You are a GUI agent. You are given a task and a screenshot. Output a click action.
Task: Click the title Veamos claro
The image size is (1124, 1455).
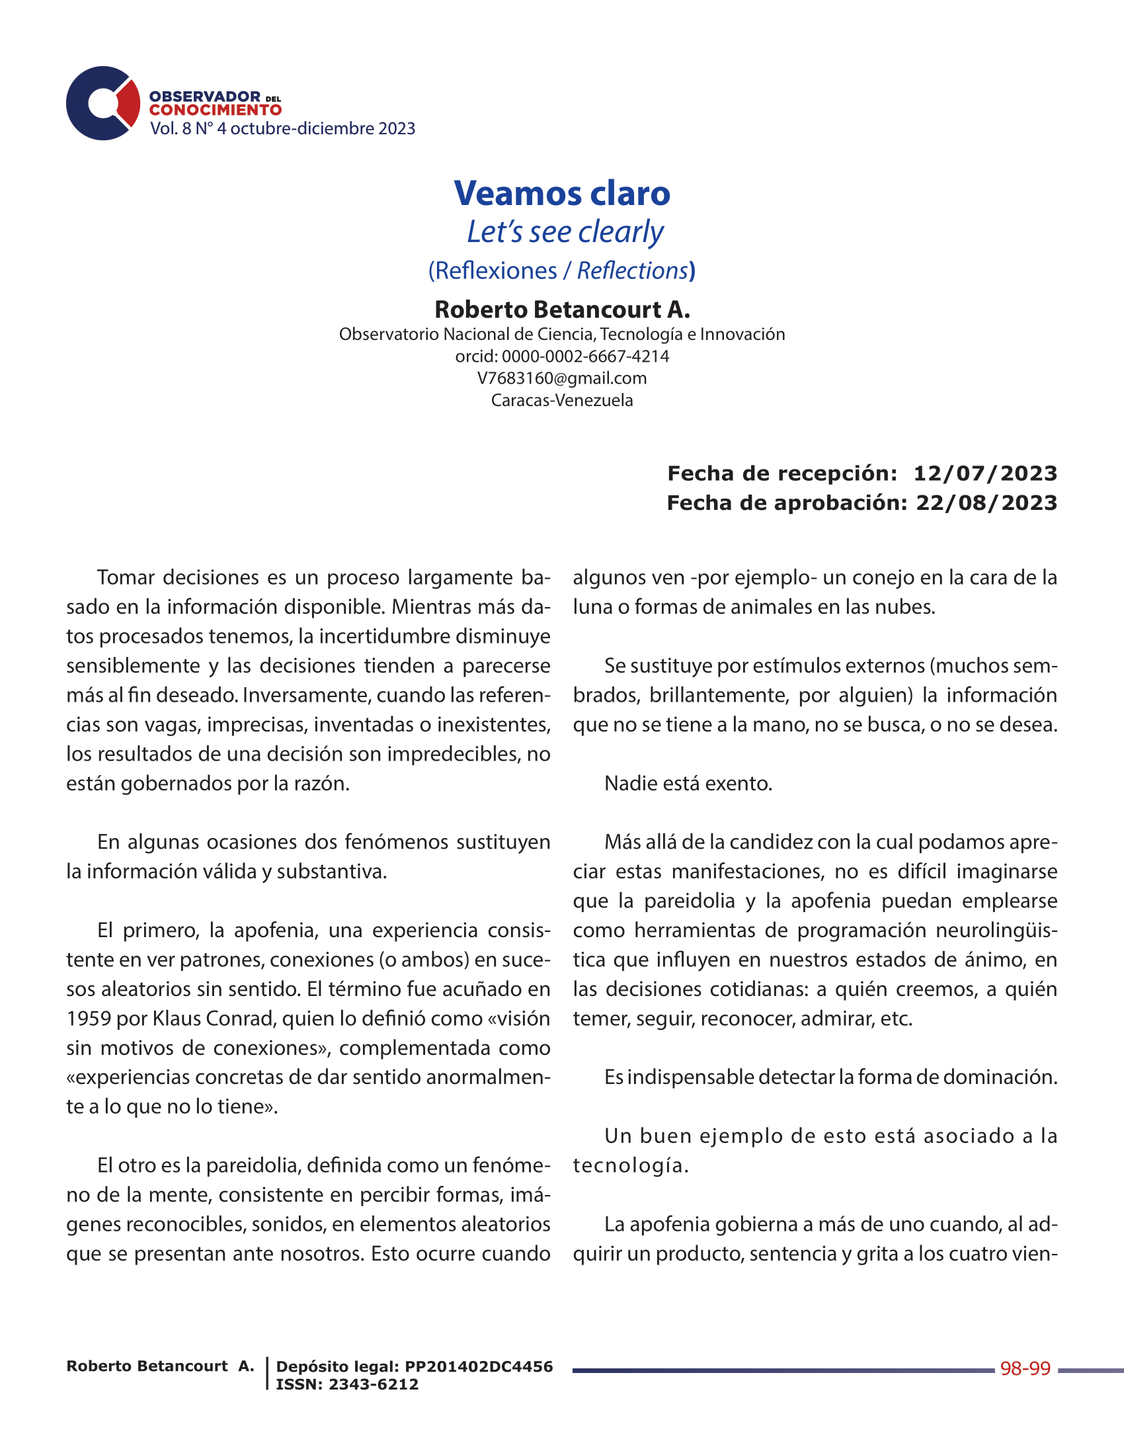pos(562,193)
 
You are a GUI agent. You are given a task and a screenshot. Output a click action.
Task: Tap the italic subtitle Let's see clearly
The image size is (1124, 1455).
pos(565,232)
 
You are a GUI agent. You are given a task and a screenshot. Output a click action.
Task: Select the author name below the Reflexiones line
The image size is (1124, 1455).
pos(562,309)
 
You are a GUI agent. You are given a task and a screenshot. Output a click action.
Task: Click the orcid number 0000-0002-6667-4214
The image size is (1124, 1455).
pos(585,356)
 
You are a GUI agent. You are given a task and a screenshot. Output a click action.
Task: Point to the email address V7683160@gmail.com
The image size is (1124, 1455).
pos(562,378)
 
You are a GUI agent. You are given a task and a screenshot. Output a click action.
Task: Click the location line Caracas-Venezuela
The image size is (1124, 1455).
pos(562,400)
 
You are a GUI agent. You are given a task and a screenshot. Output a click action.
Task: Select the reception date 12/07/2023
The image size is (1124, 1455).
pos(985,474)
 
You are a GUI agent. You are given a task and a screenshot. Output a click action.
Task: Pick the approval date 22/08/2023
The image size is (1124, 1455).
pos(986,503)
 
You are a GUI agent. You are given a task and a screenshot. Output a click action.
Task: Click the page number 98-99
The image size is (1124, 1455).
pos(1025,1369)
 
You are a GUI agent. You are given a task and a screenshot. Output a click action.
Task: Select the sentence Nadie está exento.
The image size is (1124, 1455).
pos(688,784)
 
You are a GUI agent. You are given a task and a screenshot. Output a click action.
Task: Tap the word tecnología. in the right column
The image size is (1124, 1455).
pos(630,1166)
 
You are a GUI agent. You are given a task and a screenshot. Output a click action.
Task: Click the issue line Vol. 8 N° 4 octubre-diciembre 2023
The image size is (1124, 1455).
pos(282,128)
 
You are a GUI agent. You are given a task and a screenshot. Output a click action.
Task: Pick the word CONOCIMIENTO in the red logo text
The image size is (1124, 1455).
pos(215,110)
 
